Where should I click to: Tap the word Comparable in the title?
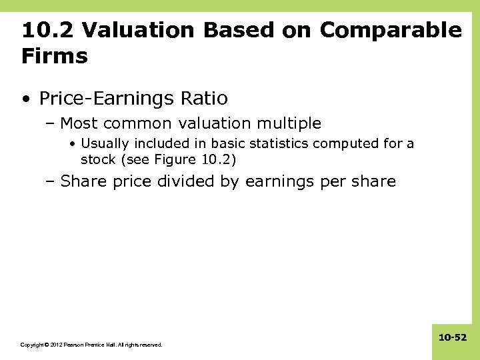point(390,30)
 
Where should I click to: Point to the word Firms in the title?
point(54,56)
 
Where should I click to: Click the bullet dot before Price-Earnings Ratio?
point(25,99)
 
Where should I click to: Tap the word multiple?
point(288,123)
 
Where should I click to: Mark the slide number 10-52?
point(453,338)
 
